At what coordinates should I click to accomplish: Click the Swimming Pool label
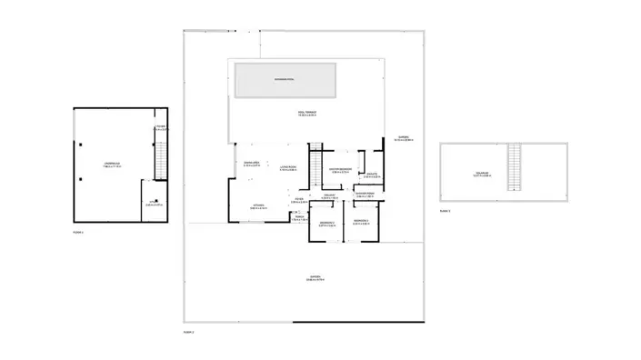click(x=285, y=80)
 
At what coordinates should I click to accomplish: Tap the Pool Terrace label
click(x=306, y=114)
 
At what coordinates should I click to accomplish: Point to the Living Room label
click(x=288, y=167)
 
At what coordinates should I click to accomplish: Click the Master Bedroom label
click(x=340, y=169)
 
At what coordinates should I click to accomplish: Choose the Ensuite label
click(x=371, y=175)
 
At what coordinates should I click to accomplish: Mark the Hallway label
click(x=329, y=195)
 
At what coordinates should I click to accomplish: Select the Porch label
click(x=298, y=217)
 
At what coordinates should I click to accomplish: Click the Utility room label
click(x=154, y=204)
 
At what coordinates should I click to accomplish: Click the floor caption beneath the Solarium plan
click(x=445, y=211)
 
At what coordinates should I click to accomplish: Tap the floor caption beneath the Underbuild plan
click(x=78, y=233)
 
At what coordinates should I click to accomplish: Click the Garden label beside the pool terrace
click(x=404, y=139)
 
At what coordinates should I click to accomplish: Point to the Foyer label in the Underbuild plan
click(x=160, y=127)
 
